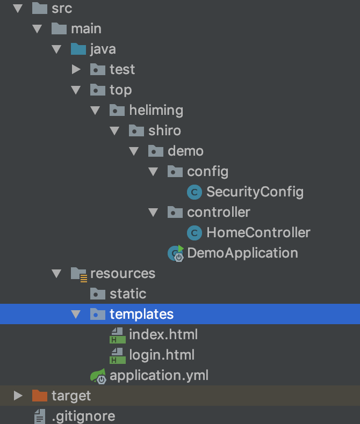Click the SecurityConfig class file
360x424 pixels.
pos(255,192)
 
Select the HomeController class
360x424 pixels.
pos(258,232)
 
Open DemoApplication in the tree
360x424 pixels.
pos(242,253)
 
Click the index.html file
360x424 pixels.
pos(163,334)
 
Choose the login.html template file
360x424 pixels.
pos(161,355)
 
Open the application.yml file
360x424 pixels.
pos(159,375)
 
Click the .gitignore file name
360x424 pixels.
pos(83,416)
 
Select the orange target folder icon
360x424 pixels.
pos(40,396)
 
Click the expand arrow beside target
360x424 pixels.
pos(18,396)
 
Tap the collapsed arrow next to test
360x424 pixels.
pos(76,69)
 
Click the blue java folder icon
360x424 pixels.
pos(78,49)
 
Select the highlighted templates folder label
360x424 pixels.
pos(141,314)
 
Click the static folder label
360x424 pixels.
pos(128,294)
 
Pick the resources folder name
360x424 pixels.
pos(123,273)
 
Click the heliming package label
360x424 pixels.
pos(156,110)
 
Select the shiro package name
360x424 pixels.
pos(164,130)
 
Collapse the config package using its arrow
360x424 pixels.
pos(153,171)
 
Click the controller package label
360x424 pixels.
pos(218,212)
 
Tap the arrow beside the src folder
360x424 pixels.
pos(18,8)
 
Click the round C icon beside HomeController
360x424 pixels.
pos(195,232)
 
